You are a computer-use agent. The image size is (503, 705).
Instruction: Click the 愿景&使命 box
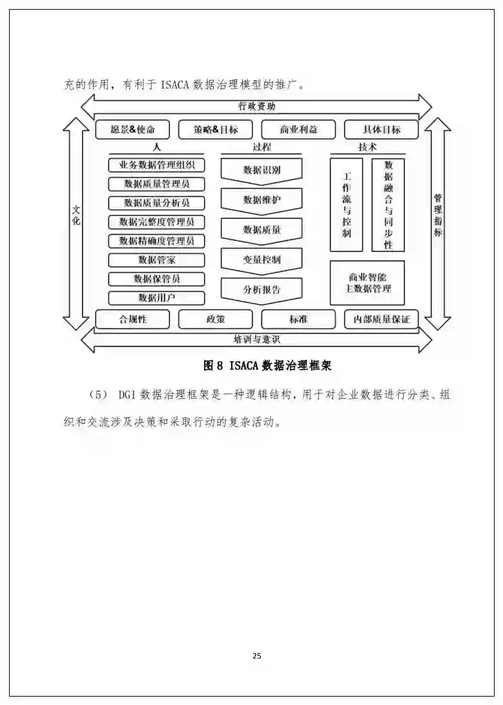(x=133, y=129)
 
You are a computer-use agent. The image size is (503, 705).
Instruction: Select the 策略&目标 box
(x=216, y=129)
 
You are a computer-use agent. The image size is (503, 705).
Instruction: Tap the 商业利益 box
(x=298, y=129)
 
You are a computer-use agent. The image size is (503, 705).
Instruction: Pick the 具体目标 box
(x=381, y=129)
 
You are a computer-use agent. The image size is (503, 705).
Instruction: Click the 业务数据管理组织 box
(x=157, y=165)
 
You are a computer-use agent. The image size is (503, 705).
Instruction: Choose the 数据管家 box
(x=157, y=260)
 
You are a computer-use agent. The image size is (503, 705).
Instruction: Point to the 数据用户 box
(x=157, y=298)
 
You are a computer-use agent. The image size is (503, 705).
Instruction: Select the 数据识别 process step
(x=262, y=171)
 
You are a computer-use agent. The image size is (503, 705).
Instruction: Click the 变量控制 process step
(x=262, y=260)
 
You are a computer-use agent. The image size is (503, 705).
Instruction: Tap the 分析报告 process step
(x=262, y=289)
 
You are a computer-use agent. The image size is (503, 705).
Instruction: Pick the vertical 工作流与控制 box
(x=346, y=204)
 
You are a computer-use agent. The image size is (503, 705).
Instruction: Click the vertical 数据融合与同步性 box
(x=388, y=204)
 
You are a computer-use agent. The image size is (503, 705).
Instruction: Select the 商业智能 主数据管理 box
(x=367, y=282)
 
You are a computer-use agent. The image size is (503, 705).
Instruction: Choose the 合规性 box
(x=133, y=319)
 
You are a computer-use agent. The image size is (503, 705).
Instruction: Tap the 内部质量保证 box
(x=381, y=319)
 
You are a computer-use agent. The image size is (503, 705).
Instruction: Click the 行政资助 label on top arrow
(x=256, y=107)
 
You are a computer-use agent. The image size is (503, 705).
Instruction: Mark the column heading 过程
(x=262, y=147)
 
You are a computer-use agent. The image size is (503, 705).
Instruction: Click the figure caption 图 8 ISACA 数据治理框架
(x=267, y=366)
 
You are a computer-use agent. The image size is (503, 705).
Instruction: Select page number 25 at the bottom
(x=256, y=656)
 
